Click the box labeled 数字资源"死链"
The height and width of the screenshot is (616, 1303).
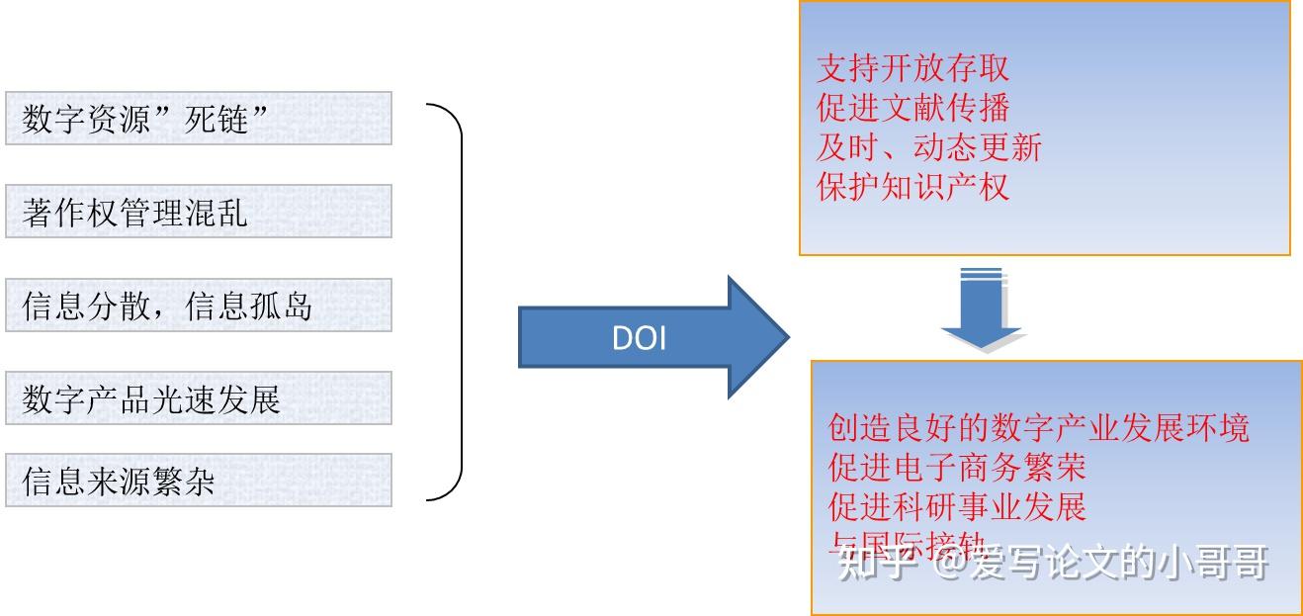[198, 119]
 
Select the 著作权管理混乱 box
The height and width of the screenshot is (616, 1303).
[198, 212]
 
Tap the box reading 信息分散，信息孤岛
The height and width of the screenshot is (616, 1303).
[198, 306]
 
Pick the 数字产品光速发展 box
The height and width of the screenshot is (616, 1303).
[198, 398]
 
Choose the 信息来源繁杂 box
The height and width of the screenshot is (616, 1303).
[198, 481]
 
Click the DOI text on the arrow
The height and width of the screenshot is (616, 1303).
[639, 339]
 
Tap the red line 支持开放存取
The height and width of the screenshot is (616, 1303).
[912, 68]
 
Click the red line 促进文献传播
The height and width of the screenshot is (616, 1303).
[912, 108]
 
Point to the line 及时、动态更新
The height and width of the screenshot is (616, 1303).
[928, 147]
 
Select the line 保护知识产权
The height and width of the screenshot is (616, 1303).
[912, 187]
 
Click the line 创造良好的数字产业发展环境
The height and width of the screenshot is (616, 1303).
[1039, 427]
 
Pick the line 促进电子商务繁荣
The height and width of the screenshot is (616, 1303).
[957, 467]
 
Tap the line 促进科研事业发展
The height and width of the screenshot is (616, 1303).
[957, 506]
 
